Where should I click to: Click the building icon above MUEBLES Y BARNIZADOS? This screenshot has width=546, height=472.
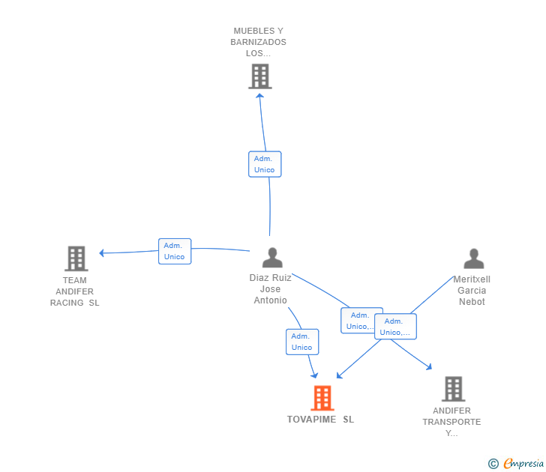click(260, 76)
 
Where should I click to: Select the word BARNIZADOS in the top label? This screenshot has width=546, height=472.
click(258, 42)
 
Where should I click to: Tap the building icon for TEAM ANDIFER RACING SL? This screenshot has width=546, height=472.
click(76, 258)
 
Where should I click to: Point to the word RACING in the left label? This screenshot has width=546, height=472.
click(67, 303)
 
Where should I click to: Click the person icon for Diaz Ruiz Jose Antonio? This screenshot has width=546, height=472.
click(272, 258)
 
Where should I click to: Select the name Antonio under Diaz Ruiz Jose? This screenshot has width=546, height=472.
click(270, 300)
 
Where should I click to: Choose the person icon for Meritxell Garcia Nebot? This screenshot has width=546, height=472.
click(474, 258)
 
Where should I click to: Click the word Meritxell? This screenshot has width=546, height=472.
click(472, 279)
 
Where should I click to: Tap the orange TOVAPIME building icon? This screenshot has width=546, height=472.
click(322, 398)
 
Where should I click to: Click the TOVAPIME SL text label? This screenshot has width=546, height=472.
click(320, 420)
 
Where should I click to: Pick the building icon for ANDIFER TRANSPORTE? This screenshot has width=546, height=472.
click(453, 389)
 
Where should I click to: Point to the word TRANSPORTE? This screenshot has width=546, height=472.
click(451, 422)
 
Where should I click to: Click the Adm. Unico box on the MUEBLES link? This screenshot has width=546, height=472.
click(265, 164)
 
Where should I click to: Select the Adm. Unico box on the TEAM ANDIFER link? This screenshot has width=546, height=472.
click(175, 251)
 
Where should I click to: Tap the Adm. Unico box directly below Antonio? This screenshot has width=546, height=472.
click(302, 342)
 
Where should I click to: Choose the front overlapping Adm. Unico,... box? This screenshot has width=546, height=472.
click(395, 327)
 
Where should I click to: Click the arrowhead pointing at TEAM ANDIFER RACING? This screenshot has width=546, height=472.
click(101, 253)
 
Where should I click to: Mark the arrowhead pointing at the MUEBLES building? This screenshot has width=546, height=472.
click(259, 96)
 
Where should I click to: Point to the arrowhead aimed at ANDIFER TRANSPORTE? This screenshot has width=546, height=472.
click(429, 367)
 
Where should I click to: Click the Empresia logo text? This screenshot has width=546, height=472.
click(523, 463)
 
